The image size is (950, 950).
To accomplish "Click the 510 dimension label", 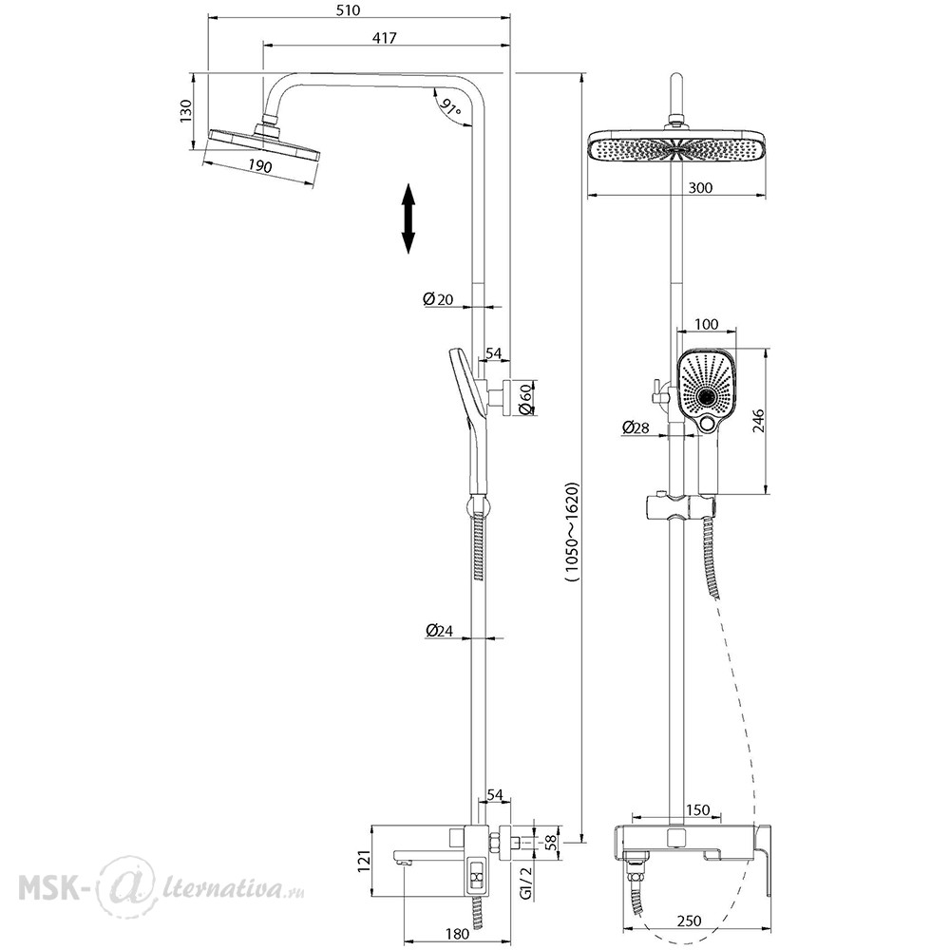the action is pos(349,9).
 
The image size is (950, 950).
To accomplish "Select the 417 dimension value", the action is pos(384,38).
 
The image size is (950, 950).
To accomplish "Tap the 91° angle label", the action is pos(449,107).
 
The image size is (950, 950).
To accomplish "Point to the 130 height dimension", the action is pos(186,111).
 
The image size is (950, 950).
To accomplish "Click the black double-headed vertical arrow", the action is pos(408,218).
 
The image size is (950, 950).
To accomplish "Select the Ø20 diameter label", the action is pos(438,298).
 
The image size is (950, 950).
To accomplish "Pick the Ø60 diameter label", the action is pos(525,400).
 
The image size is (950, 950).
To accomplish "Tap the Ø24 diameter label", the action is pos(439,631).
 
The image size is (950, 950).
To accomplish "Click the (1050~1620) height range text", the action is pos(572,532).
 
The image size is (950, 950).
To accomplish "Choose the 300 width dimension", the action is pos(700,187).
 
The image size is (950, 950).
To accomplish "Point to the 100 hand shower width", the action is pos(706,324).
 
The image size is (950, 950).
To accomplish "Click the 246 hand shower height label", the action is pos(758,421).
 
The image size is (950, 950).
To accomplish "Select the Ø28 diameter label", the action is pos(635,427).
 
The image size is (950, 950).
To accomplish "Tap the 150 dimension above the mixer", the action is pos(698,810).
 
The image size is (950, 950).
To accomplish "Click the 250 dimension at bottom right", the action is pos(689,921).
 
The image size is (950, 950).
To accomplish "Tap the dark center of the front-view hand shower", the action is pos(707,397).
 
